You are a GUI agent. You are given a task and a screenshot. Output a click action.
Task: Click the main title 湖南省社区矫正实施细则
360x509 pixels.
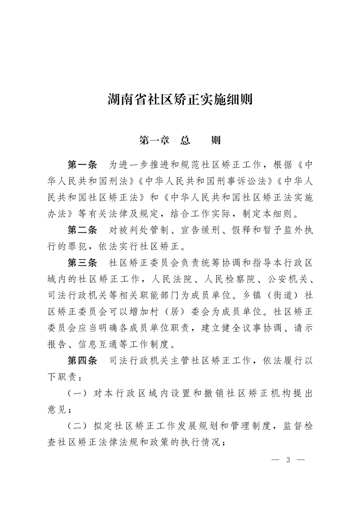[x=180, y=99]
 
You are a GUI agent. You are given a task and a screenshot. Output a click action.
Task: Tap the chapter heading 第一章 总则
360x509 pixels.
[x=180, y=140]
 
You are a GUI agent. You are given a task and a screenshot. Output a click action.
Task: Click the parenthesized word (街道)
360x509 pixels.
[x=277, y=295]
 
